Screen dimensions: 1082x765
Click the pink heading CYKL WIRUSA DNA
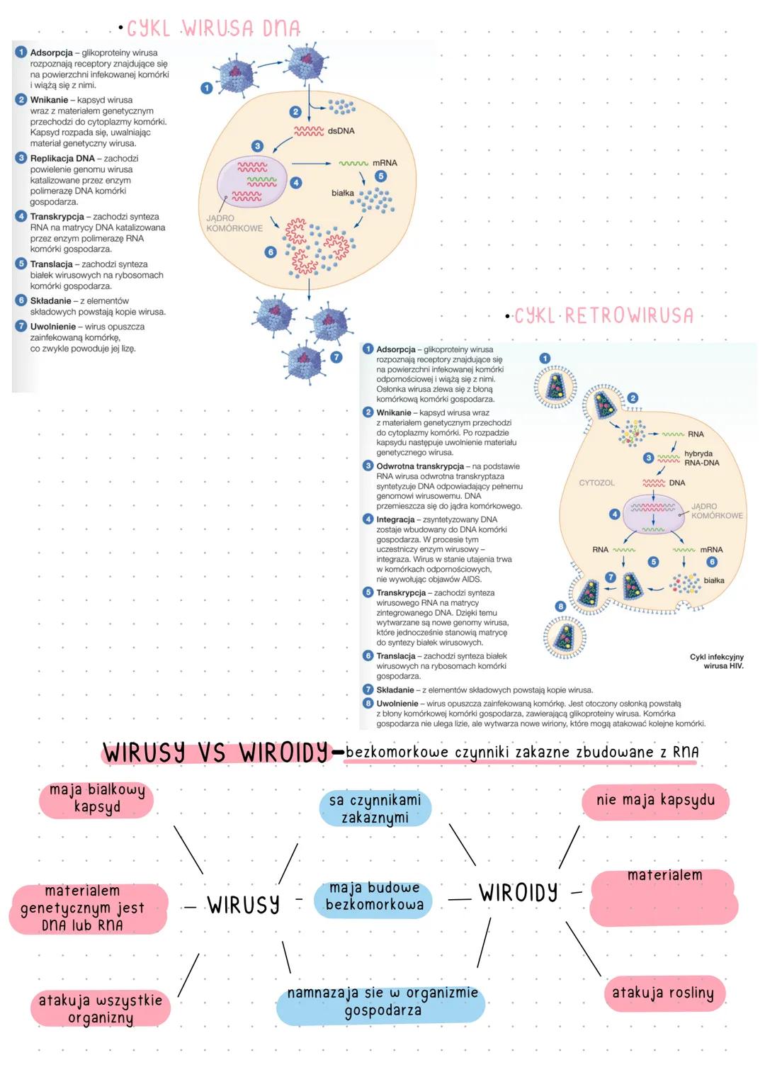[213, 28]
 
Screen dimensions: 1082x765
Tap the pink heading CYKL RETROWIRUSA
[603, 315]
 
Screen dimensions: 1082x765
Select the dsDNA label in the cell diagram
[341, 131]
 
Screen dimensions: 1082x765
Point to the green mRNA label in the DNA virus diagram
[385, 163]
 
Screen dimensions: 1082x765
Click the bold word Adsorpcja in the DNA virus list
[51, 53]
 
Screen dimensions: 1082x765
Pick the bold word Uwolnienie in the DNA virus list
[52, 327]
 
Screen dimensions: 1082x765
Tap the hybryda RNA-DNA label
[701, 458]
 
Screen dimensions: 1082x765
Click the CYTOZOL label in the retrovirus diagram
[596, 483]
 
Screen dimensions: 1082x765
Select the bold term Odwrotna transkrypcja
[419, 466]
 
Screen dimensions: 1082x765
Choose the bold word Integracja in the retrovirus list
[395, 519]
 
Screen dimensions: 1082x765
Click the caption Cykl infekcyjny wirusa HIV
[717, 661]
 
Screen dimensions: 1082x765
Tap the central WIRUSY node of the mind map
[243, 905]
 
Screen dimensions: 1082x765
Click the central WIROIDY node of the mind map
[518, 893]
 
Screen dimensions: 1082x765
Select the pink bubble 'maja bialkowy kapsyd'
[97, 799]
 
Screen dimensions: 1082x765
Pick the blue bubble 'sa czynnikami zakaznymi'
[375, 808]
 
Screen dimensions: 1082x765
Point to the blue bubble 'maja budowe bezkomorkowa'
[374, 896]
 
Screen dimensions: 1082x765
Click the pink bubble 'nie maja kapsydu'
[655, 801]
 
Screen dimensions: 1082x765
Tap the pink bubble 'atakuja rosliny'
[662, 993]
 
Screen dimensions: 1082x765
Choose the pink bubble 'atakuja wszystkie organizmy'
[100, 1009]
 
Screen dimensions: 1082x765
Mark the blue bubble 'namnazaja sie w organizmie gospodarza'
[382, 1002]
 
